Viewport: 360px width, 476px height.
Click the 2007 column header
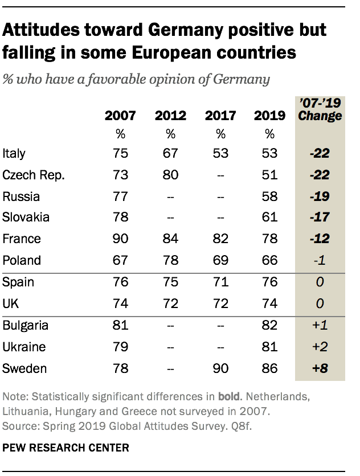[x=120, y=116]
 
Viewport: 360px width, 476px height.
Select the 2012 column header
[x=170, y=116]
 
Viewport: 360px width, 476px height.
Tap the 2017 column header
[x=220, y=116]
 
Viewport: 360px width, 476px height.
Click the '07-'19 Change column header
[x=320, y=110]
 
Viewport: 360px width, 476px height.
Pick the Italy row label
[x=14, y=154]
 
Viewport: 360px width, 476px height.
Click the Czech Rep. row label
[x=34, y=175]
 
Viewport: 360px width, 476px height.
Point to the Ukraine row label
[x=23, y=347]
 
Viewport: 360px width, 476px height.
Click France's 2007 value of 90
[x=120, y=239]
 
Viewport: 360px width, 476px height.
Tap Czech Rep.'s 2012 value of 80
[x=170, y=175]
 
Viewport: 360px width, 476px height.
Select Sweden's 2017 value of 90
[x=220, y=368]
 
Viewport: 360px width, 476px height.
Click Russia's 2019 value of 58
[x=269, y=196]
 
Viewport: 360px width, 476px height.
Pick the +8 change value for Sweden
[x=320, y=368]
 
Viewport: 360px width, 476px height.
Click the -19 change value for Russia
[x=320, y=196]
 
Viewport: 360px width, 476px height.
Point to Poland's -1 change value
[x=320, y=261]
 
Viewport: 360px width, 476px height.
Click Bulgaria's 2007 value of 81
[x=120, y=326]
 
